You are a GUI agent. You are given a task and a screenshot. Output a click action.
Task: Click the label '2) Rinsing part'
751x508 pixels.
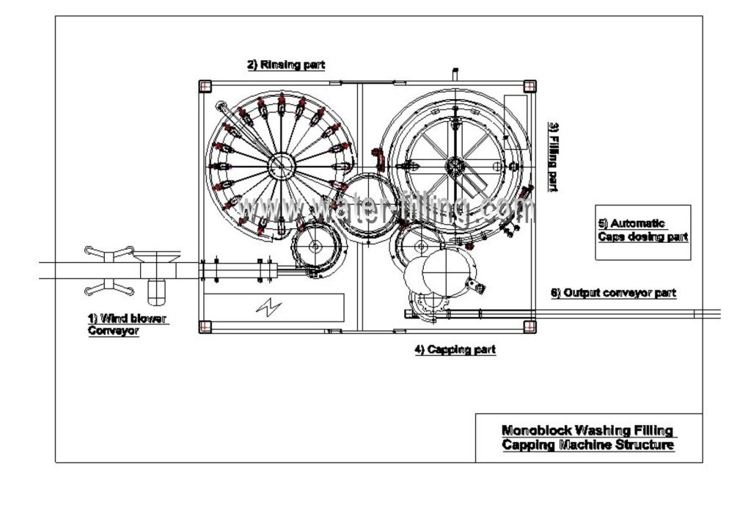coord(285,65)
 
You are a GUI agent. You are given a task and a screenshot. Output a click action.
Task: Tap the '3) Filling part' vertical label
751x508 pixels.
coord(555,157)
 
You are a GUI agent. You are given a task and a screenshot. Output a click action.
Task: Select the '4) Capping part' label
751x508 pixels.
coord(455,349)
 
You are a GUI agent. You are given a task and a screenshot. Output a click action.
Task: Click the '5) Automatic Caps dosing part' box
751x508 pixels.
coord(643,231)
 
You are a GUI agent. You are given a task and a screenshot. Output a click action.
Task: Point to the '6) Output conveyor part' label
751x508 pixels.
coord(613,292)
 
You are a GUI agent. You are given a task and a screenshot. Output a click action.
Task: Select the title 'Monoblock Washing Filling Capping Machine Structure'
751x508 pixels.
coord(588,438)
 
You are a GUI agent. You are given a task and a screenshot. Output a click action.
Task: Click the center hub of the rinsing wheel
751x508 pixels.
coord(279,165)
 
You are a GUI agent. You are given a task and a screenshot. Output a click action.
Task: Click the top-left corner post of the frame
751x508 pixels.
coord(205,86)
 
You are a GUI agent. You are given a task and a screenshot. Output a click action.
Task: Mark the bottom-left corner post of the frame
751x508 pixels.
coord(205,326)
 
